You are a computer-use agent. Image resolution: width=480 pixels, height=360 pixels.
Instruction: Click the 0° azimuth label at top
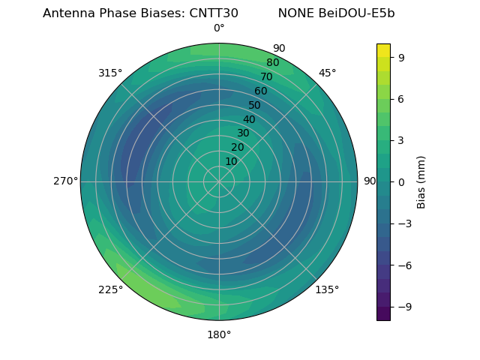[219, 28]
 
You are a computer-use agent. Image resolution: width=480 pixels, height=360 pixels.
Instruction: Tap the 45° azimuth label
[327, 73]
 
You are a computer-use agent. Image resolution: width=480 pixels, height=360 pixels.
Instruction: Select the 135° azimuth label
[327, 289]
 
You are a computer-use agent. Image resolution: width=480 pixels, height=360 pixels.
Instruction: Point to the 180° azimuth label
[219, 334]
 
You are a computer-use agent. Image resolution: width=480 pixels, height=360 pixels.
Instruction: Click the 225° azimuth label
[110, 289]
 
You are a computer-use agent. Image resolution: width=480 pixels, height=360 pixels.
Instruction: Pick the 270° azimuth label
[65, 181]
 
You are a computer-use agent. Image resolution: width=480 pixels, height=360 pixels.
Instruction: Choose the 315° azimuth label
[110, 73]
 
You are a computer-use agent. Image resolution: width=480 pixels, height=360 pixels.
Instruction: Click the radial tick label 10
[231, 161]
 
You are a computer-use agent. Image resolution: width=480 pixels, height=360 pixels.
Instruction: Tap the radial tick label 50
[255, 106]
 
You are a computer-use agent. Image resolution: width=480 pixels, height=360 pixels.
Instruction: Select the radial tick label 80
[273, 63]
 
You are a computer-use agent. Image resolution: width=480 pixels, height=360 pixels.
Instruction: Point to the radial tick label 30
[243, 133]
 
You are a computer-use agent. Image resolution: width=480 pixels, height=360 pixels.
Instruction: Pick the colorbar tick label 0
[403, 181]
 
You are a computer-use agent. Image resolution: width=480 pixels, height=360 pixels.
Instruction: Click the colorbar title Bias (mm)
[421, 181]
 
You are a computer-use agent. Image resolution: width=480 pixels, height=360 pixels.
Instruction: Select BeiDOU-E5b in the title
[360, 13]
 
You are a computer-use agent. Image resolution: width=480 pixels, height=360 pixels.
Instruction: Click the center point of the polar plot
[219, 181]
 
